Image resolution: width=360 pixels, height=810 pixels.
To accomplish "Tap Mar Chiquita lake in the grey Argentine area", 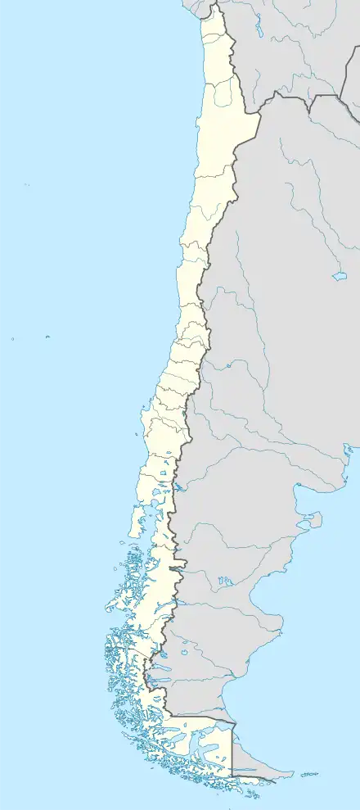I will [340, 276].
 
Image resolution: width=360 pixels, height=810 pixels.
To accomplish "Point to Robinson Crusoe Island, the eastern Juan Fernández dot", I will [47, 336].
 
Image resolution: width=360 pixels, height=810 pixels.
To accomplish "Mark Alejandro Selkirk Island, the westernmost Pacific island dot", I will [13, 338].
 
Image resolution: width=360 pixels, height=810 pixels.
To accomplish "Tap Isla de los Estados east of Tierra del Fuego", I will [308, 773].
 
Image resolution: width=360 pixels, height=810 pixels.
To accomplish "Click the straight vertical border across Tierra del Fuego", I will [232, 749].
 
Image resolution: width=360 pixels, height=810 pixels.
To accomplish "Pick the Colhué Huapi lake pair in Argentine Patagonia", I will [224, 582].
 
